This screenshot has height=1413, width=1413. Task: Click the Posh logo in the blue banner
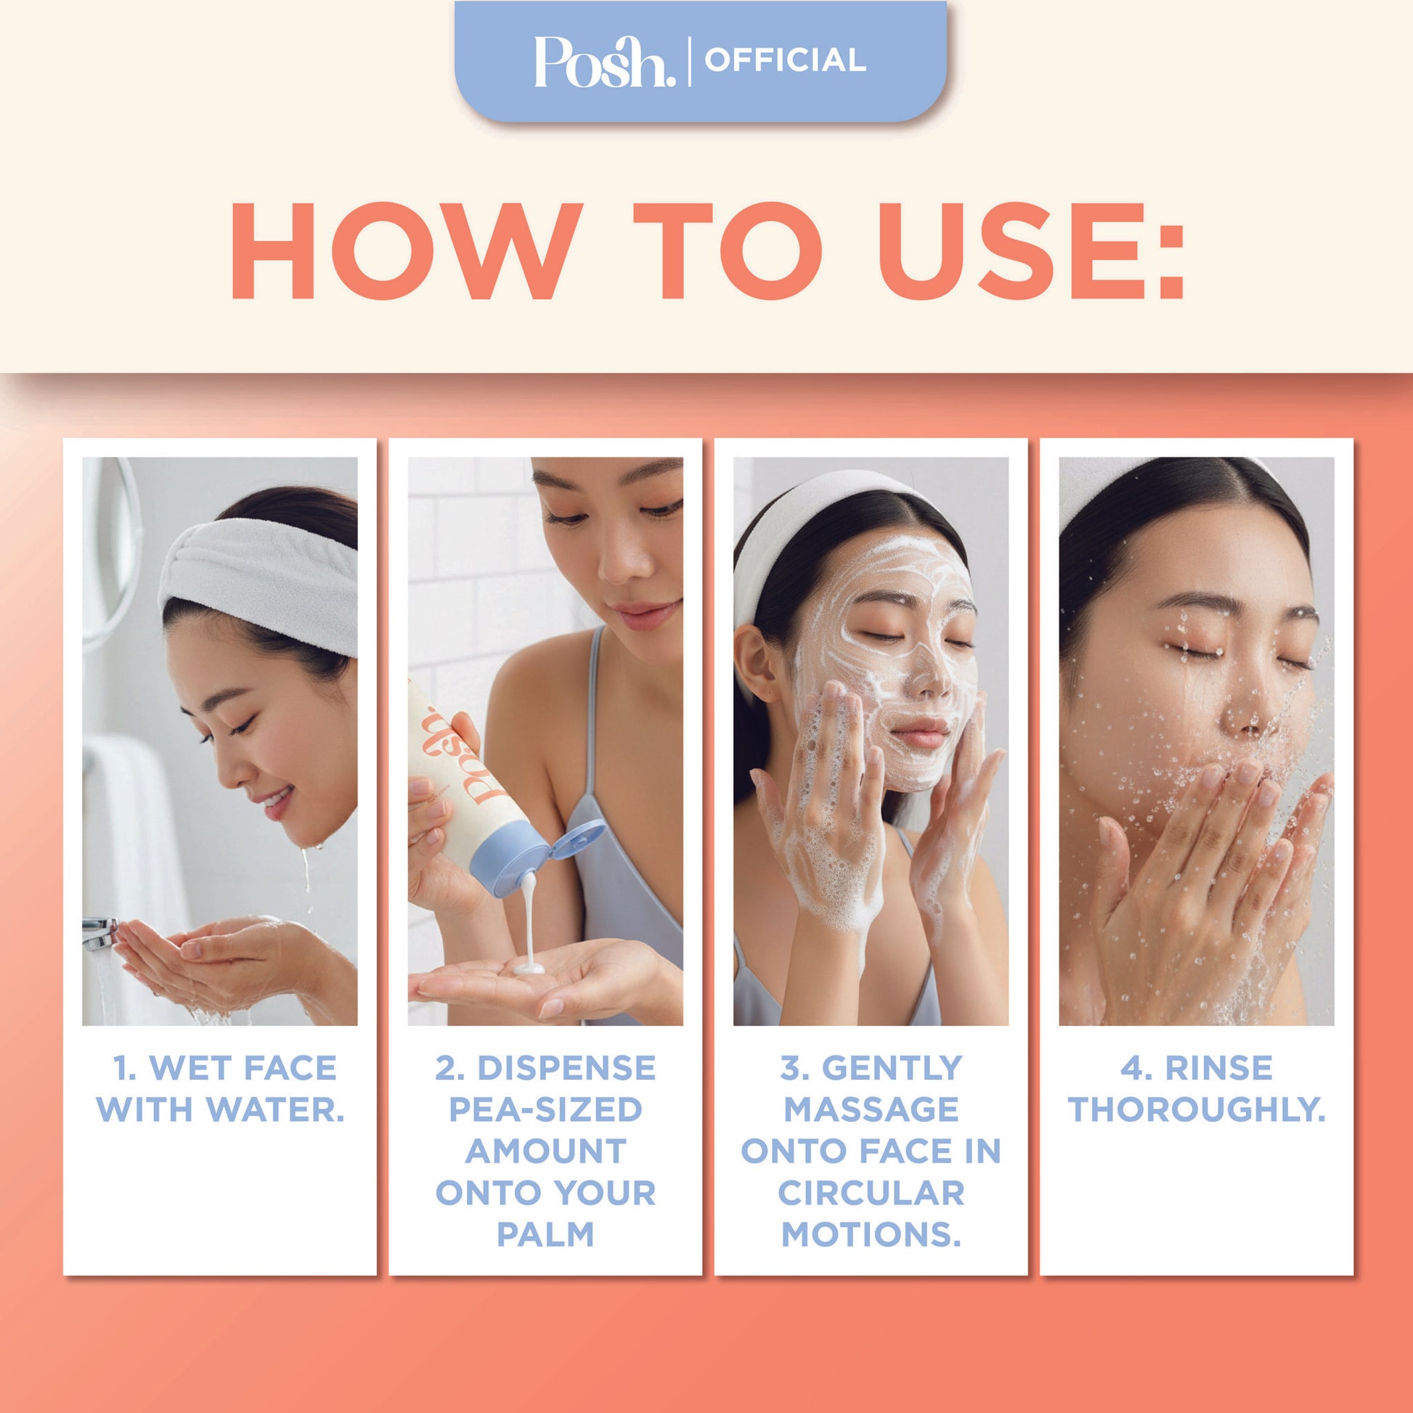click(605, 62)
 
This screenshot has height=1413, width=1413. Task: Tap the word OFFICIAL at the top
click(786, 61)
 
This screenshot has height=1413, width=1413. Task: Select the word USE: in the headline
click(1030, 251)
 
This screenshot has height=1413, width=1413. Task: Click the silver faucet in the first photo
click(100, 934)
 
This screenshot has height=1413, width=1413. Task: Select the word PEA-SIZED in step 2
click(545, 1109)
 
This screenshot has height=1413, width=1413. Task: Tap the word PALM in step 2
click(545, 1234)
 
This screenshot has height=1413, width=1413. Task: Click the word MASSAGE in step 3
click(871, 1109)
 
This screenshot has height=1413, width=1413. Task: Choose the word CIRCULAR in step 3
click(871, 1193)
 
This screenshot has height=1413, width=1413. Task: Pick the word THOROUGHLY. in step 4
click(1197, 1109)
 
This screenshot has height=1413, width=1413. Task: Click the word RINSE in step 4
click(1218, 1068)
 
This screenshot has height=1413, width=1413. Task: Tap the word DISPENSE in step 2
click(567, 1068)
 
